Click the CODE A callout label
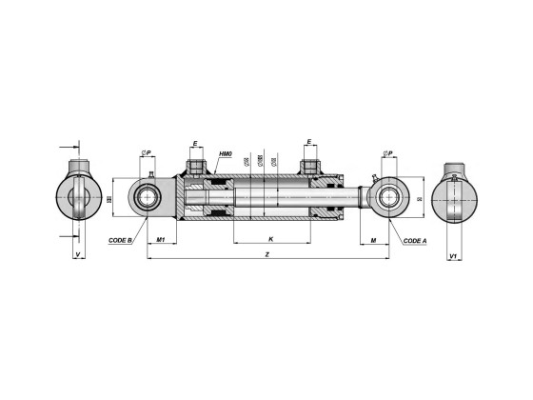(414, 241)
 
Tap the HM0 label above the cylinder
(226, 154)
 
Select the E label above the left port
(195, 144)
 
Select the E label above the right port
(308, 144)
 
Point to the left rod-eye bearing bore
(149, 200)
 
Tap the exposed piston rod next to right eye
(363, 199)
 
